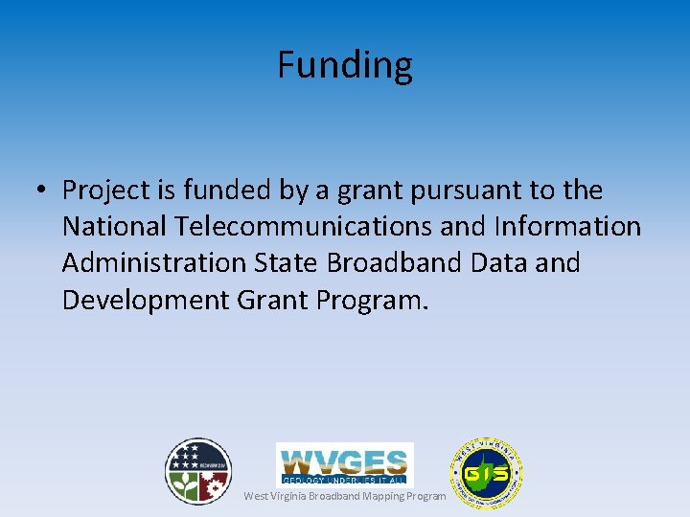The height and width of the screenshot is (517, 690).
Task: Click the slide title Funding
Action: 345,65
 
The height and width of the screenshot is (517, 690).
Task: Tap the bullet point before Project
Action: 41,191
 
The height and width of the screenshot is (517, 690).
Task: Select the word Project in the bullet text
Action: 106,191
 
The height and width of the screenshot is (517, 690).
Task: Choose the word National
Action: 115,227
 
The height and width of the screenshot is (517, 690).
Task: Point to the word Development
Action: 145,301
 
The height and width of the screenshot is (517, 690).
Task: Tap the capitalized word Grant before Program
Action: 271,301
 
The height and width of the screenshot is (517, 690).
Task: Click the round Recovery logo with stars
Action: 197,471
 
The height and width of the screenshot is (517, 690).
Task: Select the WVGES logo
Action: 345,463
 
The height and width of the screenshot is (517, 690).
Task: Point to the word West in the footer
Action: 255,496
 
